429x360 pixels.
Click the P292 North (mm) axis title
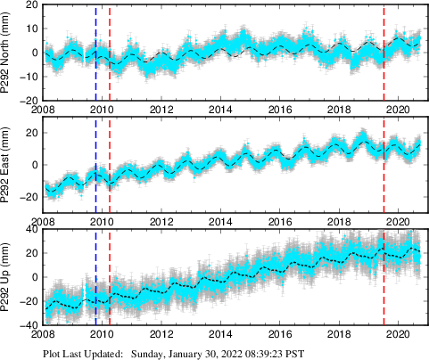pos(7,53)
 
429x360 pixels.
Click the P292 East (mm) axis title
pos(7,165)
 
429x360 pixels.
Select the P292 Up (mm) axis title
pos(7,277)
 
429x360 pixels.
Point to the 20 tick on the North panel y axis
pos(30,4)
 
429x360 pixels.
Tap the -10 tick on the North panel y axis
pos(28,77)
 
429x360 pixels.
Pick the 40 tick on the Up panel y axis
pos(30,229)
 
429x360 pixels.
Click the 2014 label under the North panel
pos(220,110)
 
